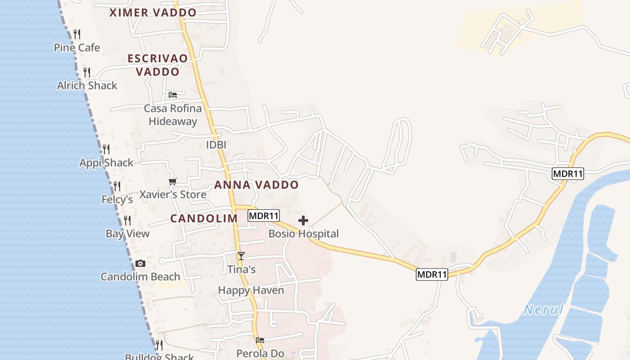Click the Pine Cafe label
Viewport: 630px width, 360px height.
(x=77, y=47)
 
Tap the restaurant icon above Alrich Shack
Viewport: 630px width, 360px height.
(x=87, y=72)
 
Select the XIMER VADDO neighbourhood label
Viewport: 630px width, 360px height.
(x=153, y=13)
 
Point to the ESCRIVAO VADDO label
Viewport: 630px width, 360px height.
(x=157, y=65)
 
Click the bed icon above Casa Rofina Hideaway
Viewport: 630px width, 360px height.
(x=173, y=95)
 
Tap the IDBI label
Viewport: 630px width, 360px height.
(x=216, y=145)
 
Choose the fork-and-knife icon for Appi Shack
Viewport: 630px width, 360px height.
(x=106, y=149)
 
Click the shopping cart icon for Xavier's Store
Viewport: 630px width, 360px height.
(x=172, y=181)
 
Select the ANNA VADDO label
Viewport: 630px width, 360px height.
(x=256, y=184)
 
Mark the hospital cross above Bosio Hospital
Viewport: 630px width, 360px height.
(x=303, y=220)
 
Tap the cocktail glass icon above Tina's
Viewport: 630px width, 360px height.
(x=241, y=256)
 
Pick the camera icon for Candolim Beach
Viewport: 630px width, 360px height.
(x=140, y=264)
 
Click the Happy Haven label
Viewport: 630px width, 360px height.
(x=251, y=290)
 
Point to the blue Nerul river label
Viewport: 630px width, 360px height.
(x=544, y=310)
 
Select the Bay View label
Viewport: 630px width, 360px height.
(x=128, y=234)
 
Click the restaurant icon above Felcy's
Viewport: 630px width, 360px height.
(x=117, y=186)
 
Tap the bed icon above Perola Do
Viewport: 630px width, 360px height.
(x=260, y=340)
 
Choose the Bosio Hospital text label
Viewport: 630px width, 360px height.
(x=303, y=234)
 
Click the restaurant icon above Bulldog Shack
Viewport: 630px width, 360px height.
(x=159, y=345)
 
